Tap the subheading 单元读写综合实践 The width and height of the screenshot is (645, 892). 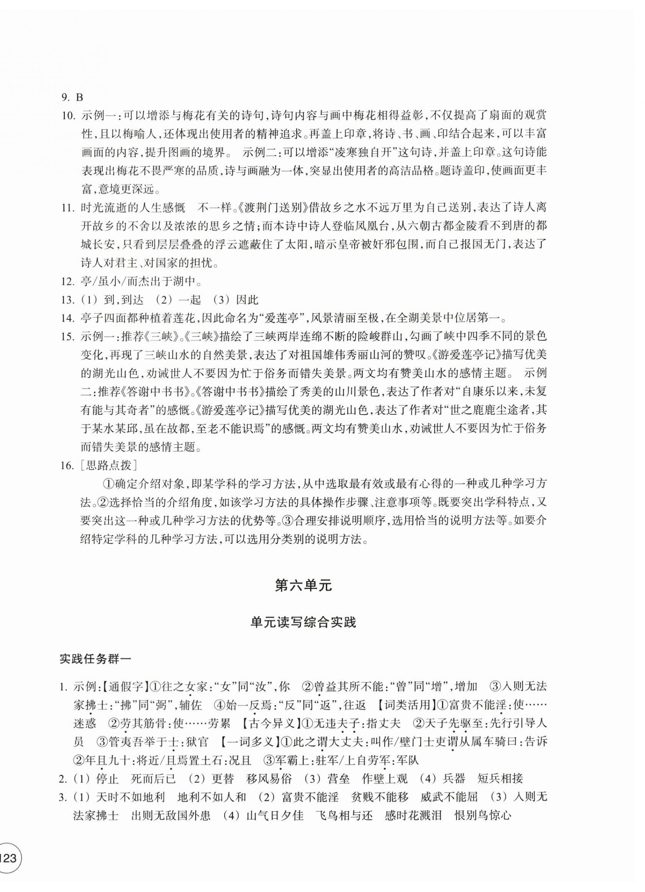[x=303, y=634]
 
